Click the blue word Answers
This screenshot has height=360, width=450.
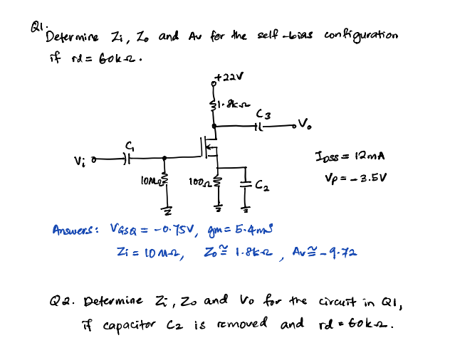click(x=75, y=231)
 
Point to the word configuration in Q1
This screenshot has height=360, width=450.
click(x=360, y=36)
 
